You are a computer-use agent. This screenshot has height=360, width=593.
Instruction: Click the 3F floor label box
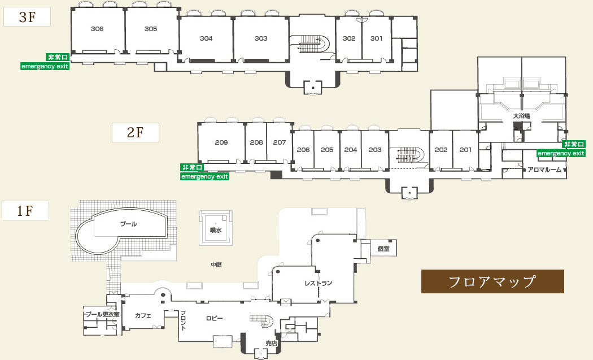[27, 17]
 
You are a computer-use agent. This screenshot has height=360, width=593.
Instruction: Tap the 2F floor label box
[135, 132]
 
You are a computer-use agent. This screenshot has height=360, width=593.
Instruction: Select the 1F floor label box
[25, 211]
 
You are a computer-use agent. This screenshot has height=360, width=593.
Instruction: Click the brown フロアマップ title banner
[492, 281]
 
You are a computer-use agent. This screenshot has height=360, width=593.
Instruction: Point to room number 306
[97, 29]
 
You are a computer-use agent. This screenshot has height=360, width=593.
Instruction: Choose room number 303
[261, 38]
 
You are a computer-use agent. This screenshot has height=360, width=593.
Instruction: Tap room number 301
[377, 38]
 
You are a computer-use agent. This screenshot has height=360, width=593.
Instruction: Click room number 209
[221, 142]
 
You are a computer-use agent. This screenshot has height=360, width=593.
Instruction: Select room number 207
[280, 142]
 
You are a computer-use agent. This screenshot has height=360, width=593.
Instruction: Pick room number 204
[351, 150]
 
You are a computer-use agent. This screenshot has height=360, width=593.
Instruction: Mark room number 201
[465, 150]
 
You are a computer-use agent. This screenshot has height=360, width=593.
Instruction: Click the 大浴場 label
[521, 116]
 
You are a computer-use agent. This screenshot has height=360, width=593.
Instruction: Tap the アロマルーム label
[545, 170]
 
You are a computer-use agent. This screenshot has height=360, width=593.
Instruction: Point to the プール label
[129, 224]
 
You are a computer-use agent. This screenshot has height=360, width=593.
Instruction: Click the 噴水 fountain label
[215, 230]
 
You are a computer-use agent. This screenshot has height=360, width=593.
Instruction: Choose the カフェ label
[143, 315]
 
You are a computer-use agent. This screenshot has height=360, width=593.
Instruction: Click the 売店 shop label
[272, 343]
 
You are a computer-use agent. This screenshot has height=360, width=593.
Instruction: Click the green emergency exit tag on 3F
[45, 66]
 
